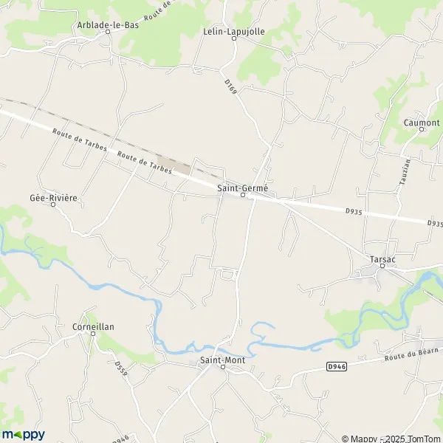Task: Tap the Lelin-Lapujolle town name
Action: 233,31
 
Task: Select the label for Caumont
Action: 422,123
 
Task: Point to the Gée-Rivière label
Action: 53,199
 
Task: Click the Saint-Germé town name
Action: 242,188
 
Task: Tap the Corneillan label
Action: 93,326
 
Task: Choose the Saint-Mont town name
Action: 223,360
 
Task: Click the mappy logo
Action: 24,434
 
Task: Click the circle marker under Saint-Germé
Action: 242,196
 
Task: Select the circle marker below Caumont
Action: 422,129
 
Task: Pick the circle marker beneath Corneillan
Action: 93,333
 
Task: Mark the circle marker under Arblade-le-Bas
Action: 107,32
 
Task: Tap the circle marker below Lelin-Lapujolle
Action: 234,38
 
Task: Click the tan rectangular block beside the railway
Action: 175,165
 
